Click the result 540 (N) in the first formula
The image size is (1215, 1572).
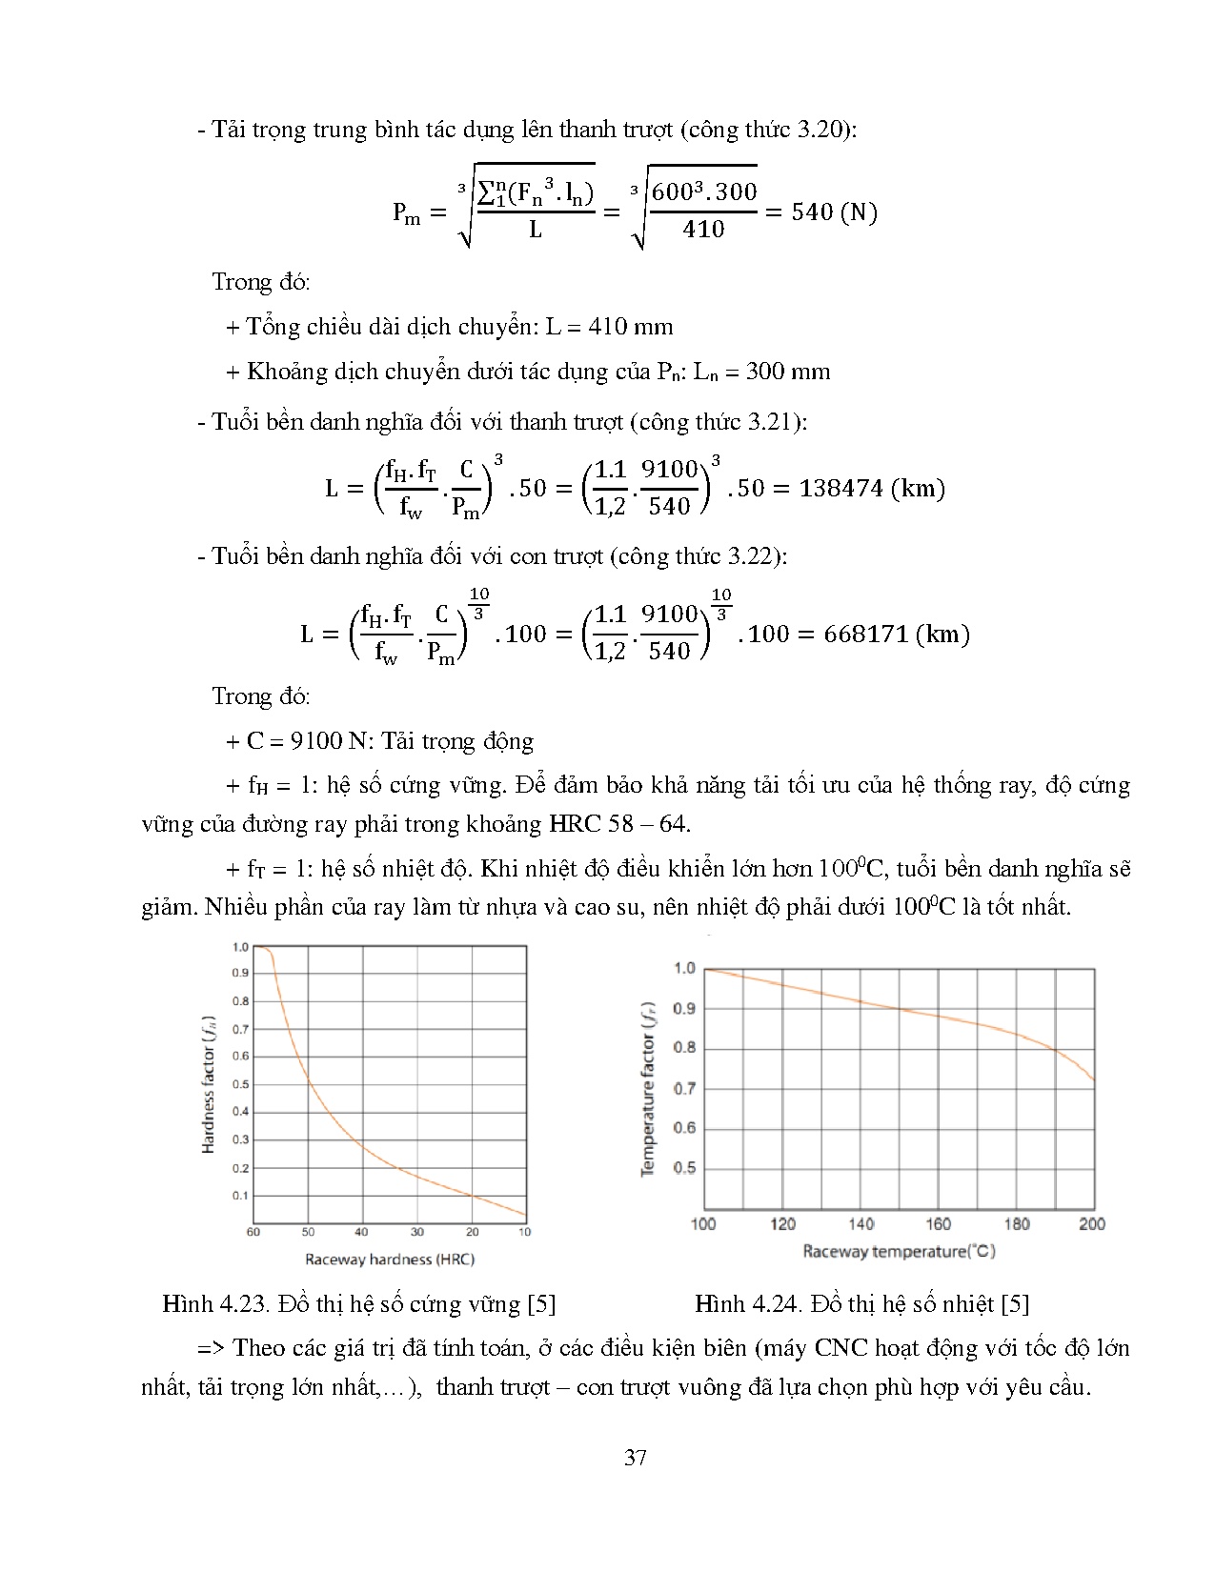coord(834,212)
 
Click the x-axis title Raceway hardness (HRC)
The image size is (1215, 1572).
coord(389,1260)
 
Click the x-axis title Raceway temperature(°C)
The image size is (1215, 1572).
coord(899,1251)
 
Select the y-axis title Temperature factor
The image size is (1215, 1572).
coord(647,1088)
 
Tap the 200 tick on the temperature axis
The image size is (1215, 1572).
coord(1092,1223)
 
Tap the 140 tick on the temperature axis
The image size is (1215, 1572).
coord(861,1223)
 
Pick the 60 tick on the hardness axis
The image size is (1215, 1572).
coord(253,1232)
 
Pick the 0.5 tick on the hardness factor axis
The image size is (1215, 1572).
coord(240,1084)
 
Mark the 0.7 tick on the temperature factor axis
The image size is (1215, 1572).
coord(684,1088)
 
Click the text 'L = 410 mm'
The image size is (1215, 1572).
coord(609,327)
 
